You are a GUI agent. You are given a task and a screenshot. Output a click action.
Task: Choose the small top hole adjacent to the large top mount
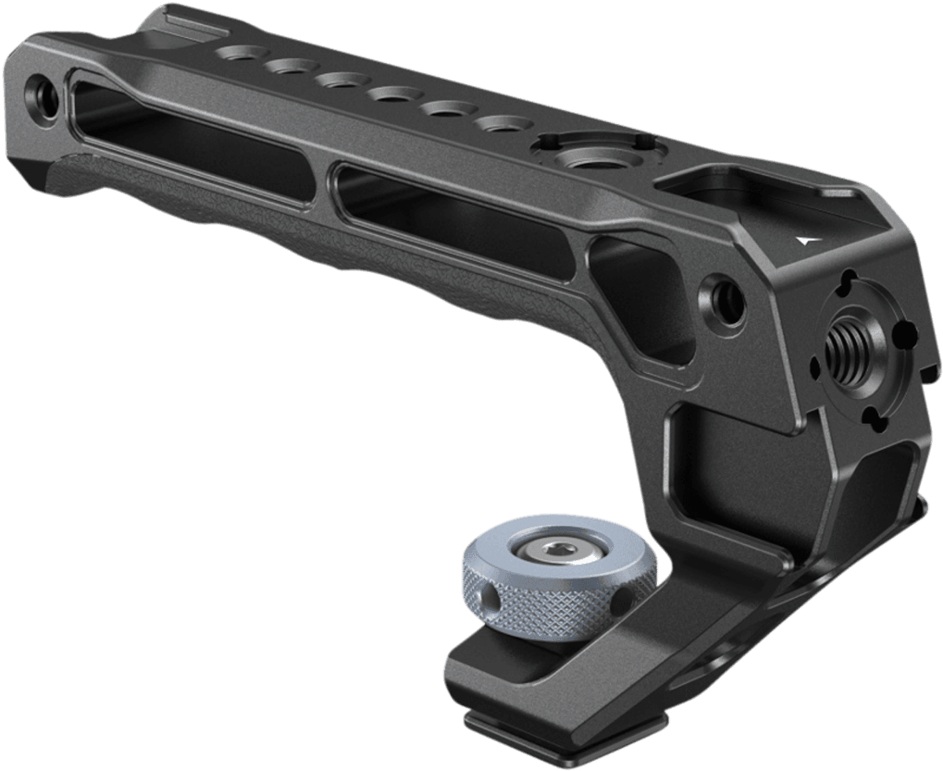[505, 124]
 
